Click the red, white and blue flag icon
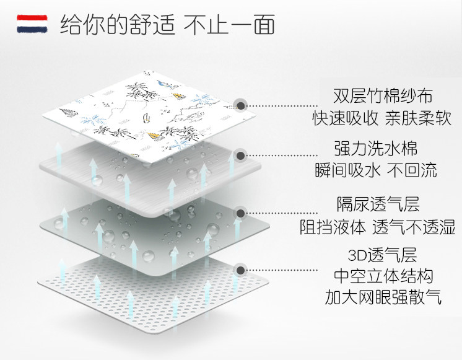33,25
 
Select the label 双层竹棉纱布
383,96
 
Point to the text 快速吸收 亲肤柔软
383,118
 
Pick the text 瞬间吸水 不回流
383,170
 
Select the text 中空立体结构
384,276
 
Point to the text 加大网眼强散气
384,297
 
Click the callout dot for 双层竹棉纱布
240,105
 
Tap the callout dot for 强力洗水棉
240,156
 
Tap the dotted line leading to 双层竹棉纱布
285,105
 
